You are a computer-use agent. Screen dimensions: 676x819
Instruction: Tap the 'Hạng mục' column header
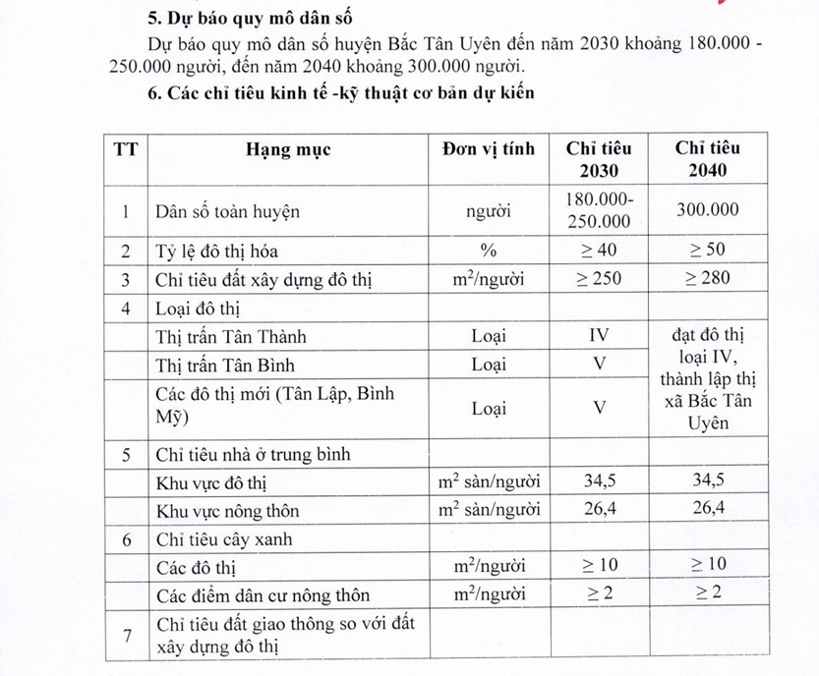(x=288, y=149)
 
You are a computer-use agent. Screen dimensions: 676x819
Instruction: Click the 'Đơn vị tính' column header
(x=489, y=149)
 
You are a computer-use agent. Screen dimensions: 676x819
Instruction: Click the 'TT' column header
(x=126, y=149)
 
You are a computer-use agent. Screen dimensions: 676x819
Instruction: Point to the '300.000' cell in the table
(x=708, y=210)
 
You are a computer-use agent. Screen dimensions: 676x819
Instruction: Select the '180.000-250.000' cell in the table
(x=599, y=210)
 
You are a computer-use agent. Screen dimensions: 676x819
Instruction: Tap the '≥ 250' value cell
(x=599, y=278)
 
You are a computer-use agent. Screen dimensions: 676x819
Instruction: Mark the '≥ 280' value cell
(x=708, y=278)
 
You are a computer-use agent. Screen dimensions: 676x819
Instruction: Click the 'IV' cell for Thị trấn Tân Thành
(x=599, y=336)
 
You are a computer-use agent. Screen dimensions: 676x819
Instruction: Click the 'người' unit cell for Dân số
(x=489, y=210)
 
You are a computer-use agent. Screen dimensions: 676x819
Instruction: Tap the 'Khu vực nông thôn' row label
(x=227, y=511)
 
